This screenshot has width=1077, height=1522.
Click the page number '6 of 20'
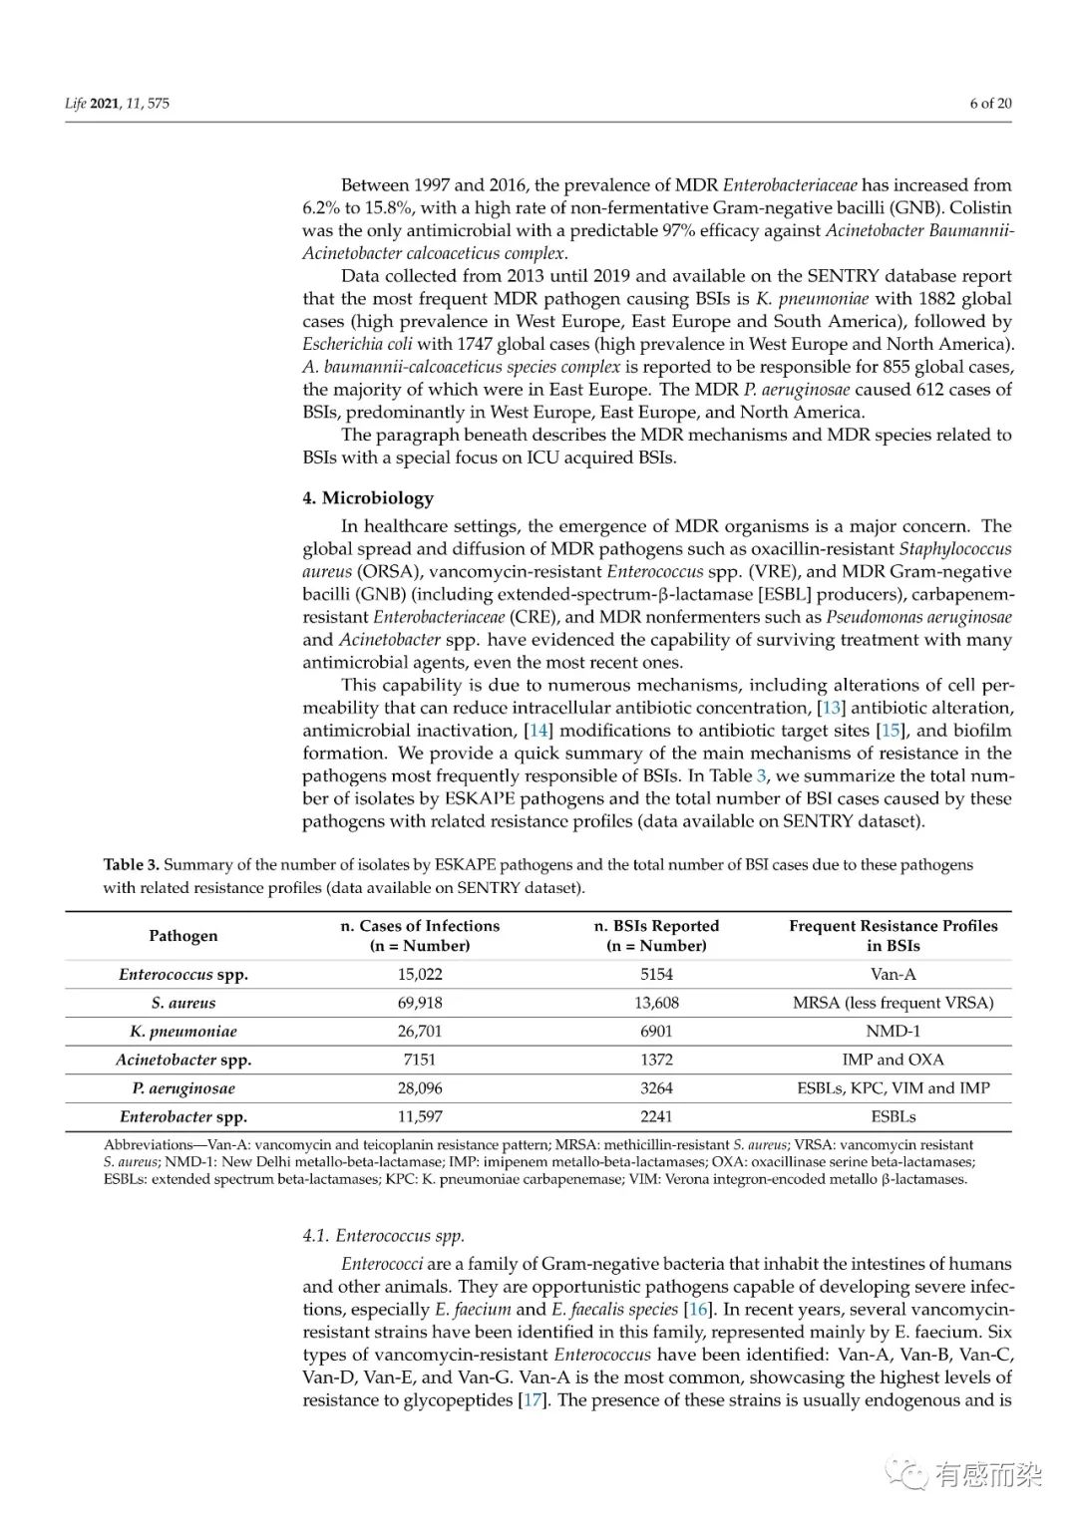[x=989, y=103]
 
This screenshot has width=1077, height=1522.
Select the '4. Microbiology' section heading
[x=368, y=498]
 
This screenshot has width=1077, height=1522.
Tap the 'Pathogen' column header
[x=182, y=936]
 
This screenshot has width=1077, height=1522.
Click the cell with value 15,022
[x=420, y=975]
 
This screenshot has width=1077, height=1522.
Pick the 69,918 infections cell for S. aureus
[x=420, y=1003]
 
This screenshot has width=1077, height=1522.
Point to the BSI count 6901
[x=656, y=1032]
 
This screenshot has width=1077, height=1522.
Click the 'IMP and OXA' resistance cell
[x=893, y=1060]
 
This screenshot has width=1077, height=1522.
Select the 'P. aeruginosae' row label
[x=183, y=1088]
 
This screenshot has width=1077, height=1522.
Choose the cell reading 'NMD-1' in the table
[x=893, y=1032]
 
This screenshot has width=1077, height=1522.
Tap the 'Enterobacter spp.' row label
[x=183, y=1117]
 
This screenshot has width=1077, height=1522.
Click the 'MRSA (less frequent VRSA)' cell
[x=893, y=1003]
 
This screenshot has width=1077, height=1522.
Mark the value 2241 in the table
[x=656, y=1117]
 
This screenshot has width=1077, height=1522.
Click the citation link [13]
[x=831, y=708]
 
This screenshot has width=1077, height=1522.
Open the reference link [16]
[x=699, y=1310]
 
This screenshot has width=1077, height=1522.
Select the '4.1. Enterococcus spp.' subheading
[x=383, y=1236]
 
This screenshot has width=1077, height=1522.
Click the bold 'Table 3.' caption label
[x=131, y=865]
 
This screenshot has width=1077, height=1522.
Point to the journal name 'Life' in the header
[x=76, y=103]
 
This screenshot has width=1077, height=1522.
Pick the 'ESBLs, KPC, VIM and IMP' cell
[x=893, y=1088]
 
